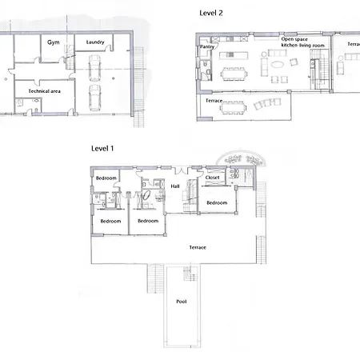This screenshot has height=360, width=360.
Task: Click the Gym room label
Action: (x=54, y=42)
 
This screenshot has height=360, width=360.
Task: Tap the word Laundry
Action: (x=95, y=42)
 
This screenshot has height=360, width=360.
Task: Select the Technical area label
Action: (x=44, y=91)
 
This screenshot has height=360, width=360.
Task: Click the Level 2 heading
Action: (x=211, y=13)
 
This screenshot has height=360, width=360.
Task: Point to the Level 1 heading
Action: (x=102, y=149)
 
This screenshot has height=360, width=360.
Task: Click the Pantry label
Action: (x=207, y=46)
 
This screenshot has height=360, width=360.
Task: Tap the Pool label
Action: (x=182, y=302)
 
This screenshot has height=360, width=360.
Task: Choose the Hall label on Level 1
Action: (x=175, y=186)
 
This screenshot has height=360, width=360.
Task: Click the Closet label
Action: (x=212, y=178)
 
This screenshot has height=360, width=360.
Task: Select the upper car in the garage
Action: (x=94, y=68)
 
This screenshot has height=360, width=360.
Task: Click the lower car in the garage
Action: (x=94, y=98)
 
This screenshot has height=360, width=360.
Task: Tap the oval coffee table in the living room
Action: (x=278, y=64)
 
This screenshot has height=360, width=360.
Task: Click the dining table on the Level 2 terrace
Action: (x=233, y=108)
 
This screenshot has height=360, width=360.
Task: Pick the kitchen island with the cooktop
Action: (x=234, y=55)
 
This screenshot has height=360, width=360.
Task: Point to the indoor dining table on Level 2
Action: (x=234, y=74)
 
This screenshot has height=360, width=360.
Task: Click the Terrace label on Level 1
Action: (x=198, y=247)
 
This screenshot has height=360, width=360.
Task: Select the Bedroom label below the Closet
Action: (x=217, y=202)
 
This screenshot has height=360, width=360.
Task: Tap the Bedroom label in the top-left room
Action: (x=106, y=178)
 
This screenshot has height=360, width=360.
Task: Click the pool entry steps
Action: (x=190, y=272)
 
